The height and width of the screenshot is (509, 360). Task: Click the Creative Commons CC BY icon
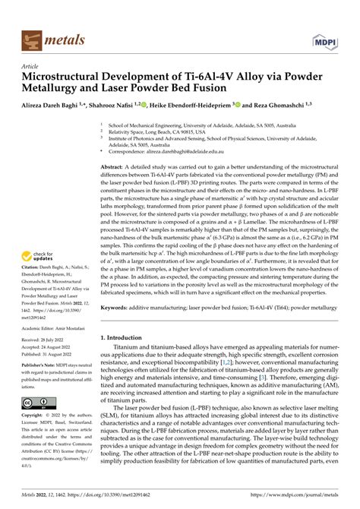pos(37,402)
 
